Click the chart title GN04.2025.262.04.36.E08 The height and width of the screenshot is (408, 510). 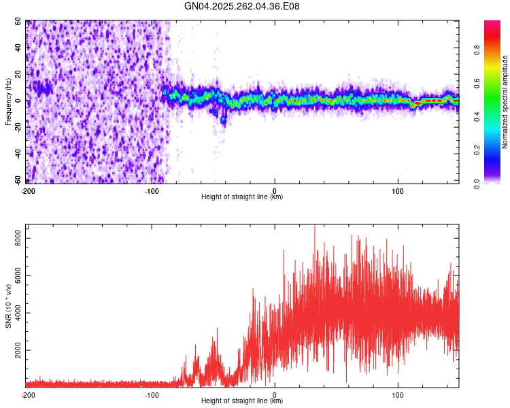242,7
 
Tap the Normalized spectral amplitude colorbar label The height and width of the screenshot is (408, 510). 505,102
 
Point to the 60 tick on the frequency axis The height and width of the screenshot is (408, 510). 18,22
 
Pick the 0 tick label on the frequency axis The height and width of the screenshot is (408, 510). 20,101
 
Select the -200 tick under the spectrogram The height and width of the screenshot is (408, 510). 28,190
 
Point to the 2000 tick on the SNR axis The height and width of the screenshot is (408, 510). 15,351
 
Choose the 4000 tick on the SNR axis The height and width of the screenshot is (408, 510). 15,313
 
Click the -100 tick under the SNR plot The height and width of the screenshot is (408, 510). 152,394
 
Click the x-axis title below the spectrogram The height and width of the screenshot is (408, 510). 242,197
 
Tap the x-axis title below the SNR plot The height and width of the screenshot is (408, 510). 242,401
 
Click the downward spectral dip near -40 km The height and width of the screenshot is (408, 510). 223,119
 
